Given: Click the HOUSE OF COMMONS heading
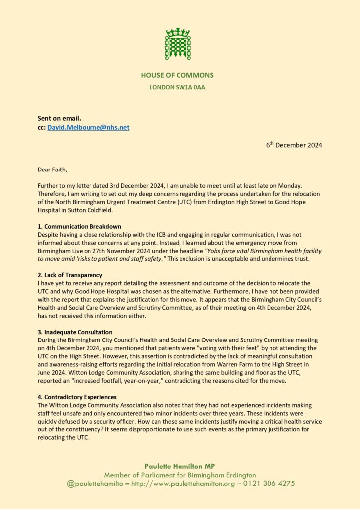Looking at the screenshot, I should click(x=177, y=75).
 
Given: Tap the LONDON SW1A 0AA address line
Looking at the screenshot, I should click(x=177, y=88).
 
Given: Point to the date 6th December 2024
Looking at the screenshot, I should click(x=293, y=145).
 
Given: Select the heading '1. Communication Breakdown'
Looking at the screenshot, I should click(x=80, y=226).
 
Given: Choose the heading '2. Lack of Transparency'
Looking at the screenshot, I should click(x=72, y=275).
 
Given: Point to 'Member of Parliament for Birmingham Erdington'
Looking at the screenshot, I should click(x=180, y=475).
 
